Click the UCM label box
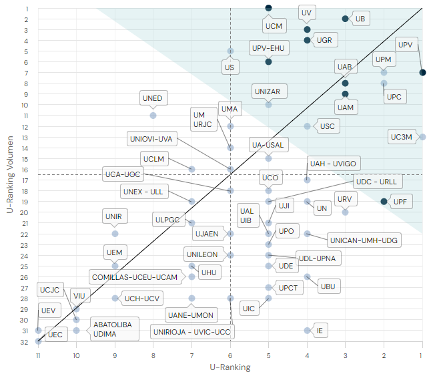274,27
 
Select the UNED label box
152,98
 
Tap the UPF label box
400,201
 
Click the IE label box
320,330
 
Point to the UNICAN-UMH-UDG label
364,240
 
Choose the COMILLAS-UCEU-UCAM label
135,276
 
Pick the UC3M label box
402,137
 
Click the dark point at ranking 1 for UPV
422,72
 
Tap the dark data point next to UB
345,19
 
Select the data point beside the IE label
307,330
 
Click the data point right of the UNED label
153,116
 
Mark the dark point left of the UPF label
384,201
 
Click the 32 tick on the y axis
25,341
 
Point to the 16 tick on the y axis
25,170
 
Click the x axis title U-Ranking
230,367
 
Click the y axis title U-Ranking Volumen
9,175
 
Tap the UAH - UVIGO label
334,164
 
